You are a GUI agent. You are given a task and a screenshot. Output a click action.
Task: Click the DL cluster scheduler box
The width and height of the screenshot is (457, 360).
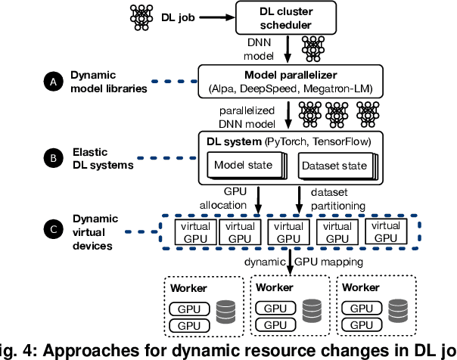coord(286,17)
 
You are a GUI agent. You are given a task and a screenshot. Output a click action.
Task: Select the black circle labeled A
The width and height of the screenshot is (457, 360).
coord(53,82)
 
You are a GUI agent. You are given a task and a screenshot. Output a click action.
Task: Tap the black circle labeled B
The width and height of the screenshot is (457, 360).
coord(53,158)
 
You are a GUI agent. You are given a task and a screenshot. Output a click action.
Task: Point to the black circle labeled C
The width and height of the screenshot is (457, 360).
coord(53,229)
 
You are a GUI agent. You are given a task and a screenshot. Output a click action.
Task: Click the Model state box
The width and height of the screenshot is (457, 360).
coord(245,165)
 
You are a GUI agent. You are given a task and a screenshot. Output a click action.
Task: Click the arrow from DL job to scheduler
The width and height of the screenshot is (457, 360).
coord(217,17)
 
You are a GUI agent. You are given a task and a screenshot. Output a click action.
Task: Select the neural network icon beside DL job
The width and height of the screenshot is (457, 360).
coord(141,17)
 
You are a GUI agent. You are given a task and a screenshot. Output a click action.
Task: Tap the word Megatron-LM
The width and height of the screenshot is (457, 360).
coord(337,88)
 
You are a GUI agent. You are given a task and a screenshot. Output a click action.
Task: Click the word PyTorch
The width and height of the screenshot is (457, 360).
coord(287,142)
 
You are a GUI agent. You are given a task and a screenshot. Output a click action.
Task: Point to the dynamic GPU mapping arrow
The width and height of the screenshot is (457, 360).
coord(290,262)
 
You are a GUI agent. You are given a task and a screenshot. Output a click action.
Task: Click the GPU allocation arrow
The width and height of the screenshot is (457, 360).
coord(258,200)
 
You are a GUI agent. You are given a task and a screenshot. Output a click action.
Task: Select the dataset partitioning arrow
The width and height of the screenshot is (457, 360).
coord(299,200)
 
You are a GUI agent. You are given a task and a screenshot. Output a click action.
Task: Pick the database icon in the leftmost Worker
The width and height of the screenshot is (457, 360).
coord(225,312)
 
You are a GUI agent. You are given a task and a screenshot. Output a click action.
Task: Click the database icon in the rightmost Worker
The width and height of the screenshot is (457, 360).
coord(398,311)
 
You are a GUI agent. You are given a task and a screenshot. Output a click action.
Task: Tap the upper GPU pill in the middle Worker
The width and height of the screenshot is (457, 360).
coord(275,308)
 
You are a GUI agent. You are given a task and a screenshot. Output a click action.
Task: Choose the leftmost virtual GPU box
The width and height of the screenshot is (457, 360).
coord(195,232)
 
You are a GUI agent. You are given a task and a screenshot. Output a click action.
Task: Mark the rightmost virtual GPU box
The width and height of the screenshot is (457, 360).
coord(386,231)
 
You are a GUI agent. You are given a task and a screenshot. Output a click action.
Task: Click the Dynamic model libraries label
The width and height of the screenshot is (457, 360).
coord(109,82)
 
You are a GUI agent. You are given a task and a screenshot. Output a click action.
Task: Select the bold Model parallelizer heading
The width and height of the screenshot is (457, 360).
coord(291,75)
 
